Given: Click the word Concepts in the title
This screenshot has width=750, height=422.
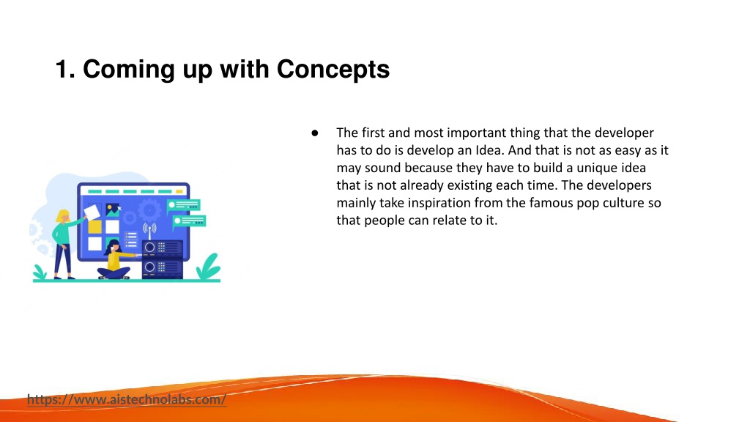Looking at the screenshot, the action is (333, 70).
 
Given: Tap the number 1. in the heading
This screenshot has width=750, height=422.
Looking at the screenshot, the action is (65, 69).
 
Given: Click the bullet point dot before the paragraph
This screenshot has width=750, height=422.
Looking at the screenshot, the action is (315, 133).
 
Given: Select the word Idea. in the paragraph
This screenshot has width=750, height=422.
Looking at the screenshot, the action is (490, 150).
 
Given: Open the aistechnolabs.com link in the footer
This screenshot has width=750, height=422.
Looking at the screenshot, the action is (127, 399).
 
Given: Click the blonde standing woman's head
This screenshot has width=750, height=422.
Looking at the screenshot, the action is (63, 216).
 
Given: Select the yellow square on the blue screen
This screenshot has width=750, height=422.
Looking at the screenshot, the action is (94, 226).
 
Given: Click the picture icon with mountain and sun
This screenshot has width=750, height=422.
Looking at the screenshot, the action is (113, 210).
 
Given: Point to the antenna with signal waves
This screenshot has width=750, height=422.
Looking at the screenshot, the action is (149, 231).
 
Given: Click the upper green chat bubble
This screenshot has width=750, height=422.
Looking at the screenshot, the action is (183, 206).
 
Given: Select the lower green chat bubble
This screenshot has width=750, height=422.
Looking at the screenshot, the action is (189, 221).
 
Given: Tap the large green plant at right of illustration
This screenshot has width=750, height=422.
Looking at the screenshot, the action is (209, 267).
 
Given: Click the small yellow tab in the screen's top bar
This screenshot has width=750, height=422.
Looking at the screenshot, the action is (179, 191).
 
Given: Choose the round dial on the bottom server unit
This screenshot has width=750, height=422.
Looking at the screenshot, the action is (149, 267).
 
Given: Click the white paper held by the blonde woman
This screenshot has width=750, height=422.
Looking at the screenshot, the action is (92, 212).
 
